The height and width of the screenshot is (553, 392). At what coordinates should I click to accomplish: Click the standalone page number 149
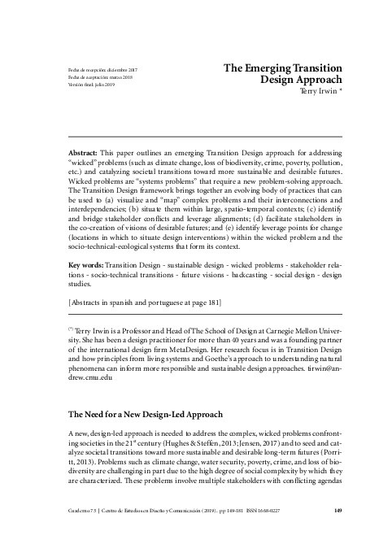coord(338,534)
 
